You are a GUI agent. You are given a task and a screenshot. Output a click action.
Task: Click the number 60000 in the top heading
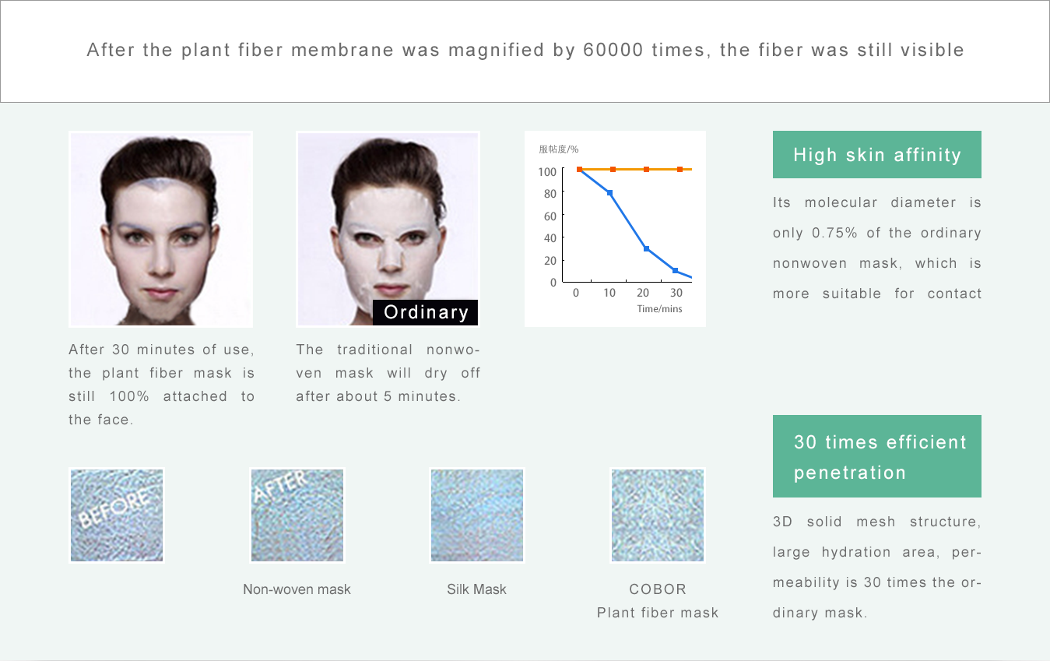click(613, 50)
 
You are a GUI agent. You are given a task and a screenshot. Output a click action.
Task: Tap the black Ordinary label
click(425, 312)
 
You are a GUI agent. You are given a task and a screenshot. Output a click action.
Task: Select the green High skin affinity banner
click(877, 154)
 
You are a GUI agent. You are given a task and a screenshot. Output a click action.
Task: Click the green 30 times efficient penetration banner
click(877, 456)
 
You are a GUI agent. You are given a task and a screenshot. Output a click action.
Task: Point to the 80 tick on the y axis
click(550, 194)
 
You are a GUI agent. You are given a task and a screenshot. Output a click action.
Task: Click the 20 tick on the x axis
click(643, 293)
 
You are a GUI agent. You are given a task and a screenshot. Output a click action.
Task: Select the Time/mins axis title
click(659, 309)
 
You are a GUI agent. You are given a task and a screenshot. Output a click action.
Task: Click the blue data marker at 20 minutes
click(646, 248)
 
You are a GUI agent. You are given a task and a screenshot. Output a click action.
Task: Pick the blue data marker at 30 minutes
click(675, 270)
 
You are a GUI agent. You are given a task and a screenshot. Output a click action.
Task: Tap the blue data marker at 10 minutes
click(609, 192)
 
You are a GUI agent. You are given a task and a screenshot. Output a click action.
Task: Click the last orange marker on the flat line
click(680, 169)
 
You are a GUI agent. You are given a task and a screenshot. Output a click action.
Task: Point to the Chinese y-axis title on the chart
click(558, 149)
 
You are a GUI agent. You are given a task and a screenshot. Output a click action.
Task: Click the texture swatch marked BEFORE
click(117, 515)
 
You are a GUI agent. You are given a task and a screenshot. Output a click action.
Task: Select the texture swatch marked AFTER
click(297, 515)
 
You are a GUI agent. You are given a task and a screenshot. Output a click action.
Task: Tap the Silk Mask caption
click(476, 589)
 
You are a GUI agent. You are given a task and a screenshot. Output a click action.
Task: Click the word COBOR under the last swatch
click(658, 589)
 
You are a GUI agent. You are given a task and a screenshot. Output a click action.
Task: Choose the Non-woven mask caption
click(297, 589)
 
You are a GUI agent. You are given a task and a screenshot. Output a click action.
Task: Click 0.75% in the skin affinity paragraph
click(834, 233)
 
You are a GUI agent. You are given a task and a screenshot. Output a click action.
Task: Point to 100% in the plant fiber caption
click(129, 396)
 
